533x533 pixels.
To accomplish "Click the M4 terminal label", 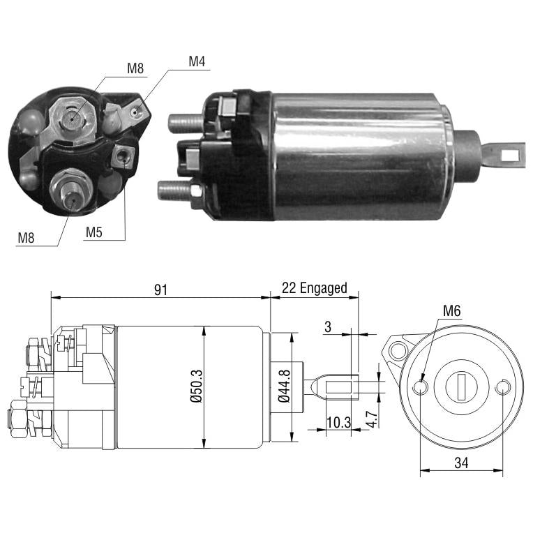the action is pos(197,61).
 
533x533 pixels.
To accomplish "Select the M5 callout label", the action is pos(93,232).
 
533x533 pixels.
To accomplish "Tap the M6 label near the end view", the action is pos(452,310).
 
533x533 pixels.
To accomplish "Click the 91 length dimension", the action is pos(160,290).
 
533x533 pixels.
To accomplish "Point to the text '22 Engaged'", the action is pos(315,288).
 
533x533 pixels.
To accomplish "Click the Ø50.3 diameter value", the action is pos(197,386).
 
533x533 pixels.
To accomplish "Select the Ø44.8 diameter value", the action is pos(284,386).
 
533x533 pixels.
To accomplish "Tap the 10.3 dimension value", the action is pos(338,423).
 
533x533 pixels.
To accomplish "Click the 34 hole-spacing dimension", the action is pos(461,463).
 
